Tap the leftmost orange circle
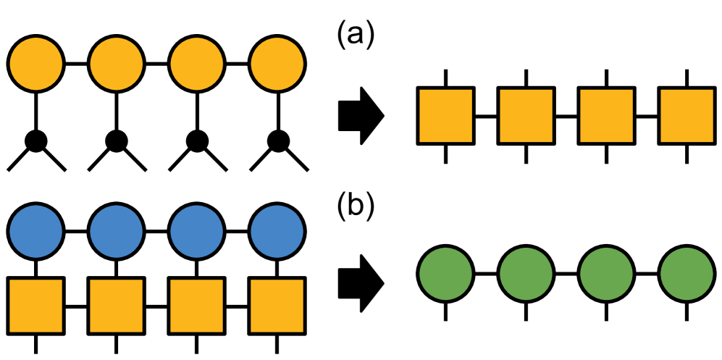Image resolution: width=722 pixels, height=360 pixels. [x=36, y=64]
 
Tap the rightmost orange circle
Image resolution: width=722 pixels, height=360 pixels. [x=276, y=64]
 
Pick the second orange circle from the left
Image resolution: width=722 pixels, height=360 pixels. [x=116, y=64]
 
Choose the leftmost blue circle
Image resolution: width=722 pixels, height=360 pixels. [x=36, y=233]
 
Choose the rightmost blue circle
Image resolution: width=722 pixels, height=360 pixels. [x=276, y=233]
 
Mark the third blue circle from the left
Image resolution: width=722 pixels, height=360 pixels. [x=196, y=233]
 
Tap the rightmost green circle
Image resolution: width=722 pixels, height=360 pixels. [x=686, y=275]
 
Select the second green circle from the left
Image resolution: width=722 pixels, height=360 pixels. [x=526, y=275]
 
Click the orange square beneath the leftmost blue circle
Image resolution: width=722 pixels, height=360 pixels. [x=36, y=306]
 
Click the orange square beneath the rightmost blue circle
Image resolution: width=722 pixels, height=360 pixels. [x=276, y=306]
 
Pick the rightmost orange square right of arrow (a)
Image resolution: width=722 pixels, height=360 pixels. [x=686, y=115]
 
